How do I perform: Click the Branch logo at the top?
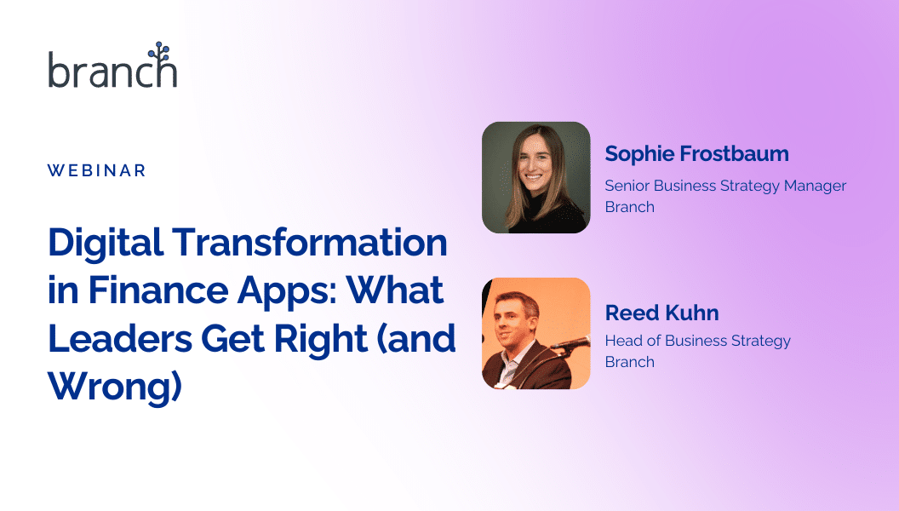[x=112, y=65]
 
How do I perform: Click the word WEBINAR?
[x=97, y=170]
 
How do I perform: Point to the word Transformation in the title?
[x=310, y=242]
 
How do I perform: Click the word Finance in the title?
[x=158, y=290]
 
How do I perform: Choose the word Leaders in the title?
[x=120, y=338]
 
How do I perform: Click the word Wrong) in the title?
[x=115, y=388]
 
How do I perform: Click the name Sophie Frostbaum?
[x=696, y=154]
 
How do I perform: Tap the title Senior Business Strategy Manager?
[x=725, y=187]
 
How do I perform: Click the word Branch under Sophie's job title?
[x=629, y=206]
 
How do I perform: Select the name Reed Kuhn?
[x=661, y=313]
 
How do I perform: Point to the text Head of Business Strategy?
[x=698, y=342]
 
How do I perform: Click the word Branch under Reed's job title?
[x=629, y=362]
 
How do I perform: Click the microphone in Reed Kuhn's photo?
[x=570, y=343]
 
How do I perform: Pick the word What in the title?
[x=395, y=290]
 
